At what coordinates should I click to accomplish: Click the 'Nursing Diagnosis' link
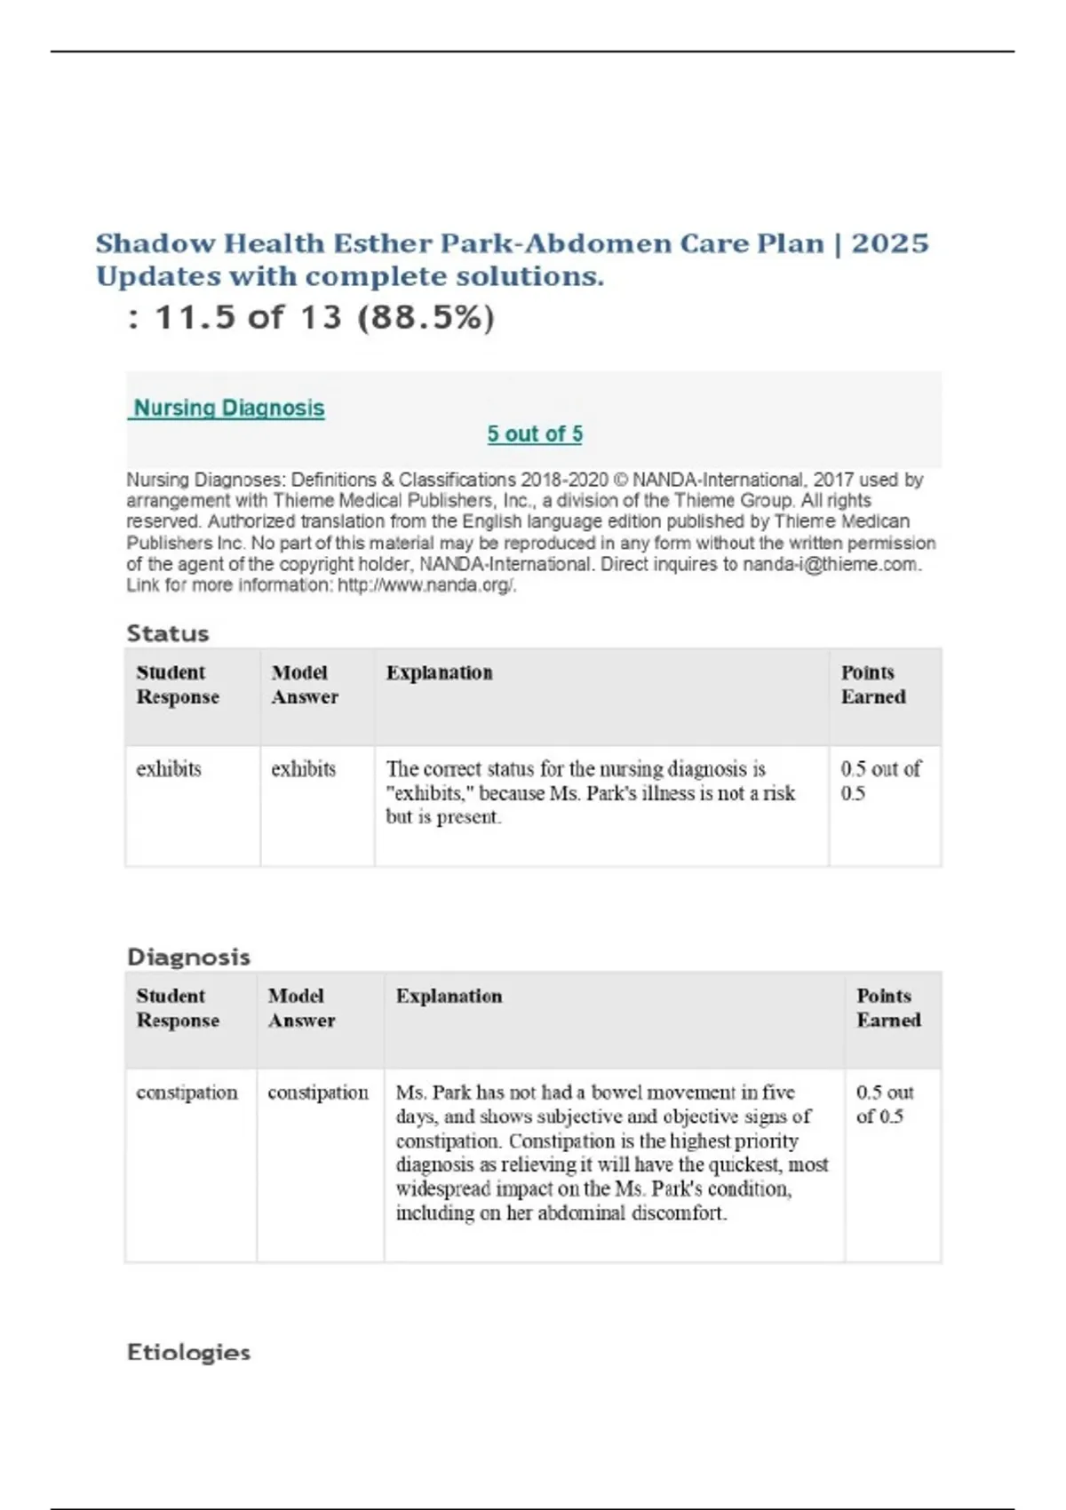229,409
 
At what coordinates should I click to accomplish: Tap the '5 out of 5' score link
535,434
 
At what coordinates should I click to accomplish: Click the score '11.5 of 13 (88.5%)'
325,317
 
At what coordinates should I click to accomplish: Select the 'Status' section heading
168,633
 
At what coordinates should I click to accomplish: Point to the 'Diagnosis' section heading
188,957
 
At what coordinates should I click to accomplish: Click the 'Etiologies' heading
188,1352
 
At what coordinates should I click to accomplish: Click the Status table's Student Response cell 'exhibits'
169,769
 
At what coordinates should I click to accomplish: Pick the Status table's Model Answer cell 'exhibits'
304,769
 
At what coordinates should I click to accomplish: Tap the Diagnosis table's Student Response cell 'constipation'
187,1093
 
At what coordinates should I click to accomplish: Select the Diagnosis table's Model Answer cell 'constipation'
318,1093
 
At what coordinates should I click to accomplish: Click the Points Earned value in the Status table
880,781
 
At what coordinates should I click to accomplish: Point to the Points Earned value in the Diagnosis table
885,1104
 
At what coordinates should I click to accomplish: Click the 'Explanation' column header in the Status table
439,673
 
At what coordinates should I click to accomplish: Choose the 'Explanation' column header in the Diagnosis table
449,997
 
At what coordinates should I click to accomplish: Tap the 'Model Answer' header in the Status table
304,685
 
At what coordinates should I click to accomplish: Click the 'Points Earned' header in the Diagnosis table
888,1008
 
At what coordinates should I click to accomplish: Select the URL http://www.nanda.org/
426,585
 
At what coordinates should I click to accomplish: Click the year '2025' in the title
890,243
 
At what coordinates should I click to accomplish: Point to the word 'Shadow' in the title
155,243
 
